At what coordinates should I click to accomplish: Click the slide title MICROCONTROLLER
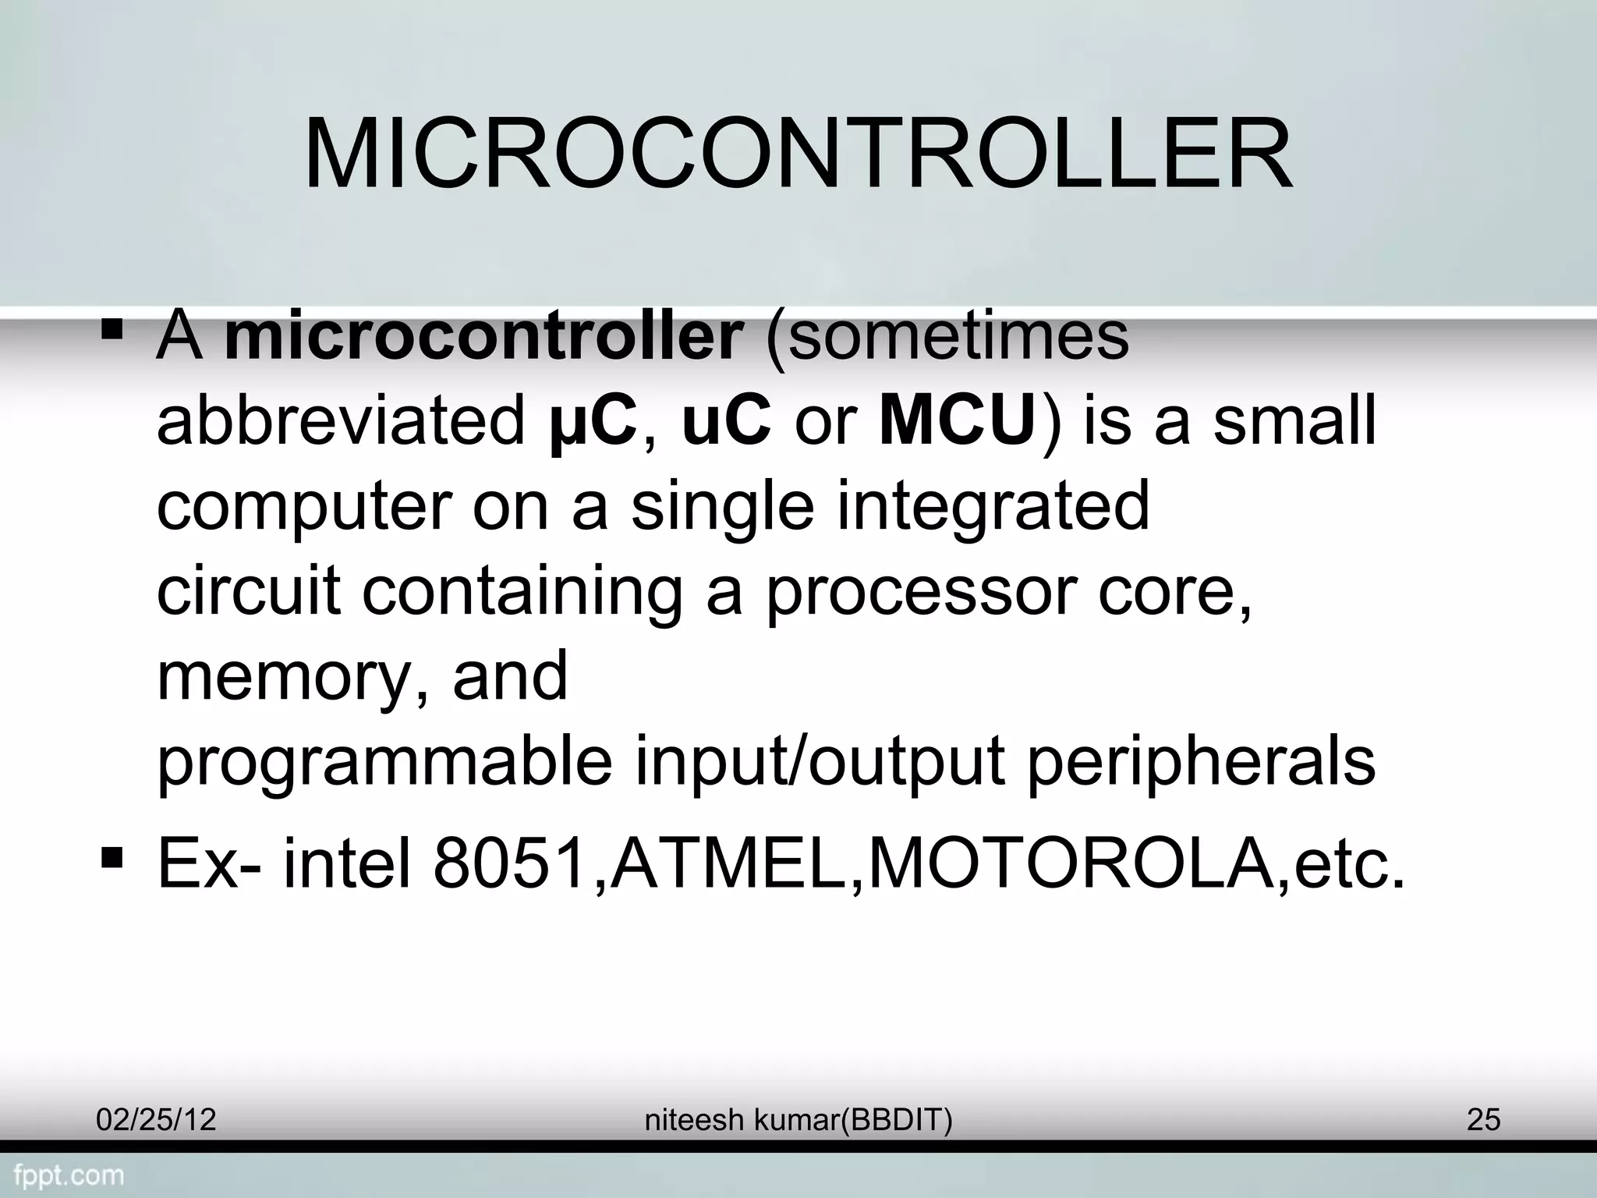click(x=798, y=155)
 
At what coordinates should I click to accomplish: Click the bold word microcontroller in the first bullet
click(x=483, y=337)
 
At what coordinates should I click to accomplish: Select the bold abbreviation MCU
click(x=958, y=422)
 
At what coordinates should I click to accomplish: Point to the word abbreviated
click(x=342, y=422)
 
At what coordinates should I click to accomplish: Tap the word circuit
click(x=249, y=590)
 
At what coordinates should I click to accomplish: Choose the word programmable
click(x=385, y=763)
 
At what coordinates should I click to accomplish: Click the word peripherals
click(x=1201, y=763)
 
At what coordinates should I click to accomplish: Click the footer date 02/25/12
click(x=156, y=1120)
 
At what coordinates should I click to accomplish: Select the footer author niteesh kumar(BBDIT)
click(x=798, y=1120)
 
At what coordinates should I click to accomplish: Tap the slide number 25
click(x=1483, y=1120)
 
